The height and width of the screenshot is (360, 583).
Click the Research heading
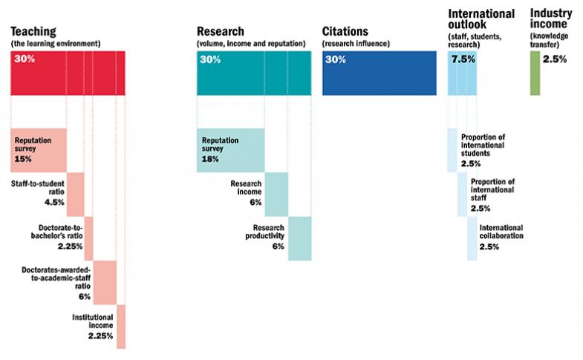tap(221, 32)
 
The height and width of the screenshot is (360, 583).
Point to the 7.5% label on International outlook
tap(463, 60)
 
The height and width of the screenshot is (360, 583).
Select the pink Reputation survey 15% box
tap(39, 150)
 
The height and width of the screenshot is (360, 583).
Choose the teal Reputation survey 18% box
tap(230, 150)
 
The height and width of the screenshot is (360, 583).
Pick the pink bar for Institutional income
tap(121, 327)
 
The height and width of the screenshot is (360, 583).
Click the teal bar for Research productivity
tap(299, 238)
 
